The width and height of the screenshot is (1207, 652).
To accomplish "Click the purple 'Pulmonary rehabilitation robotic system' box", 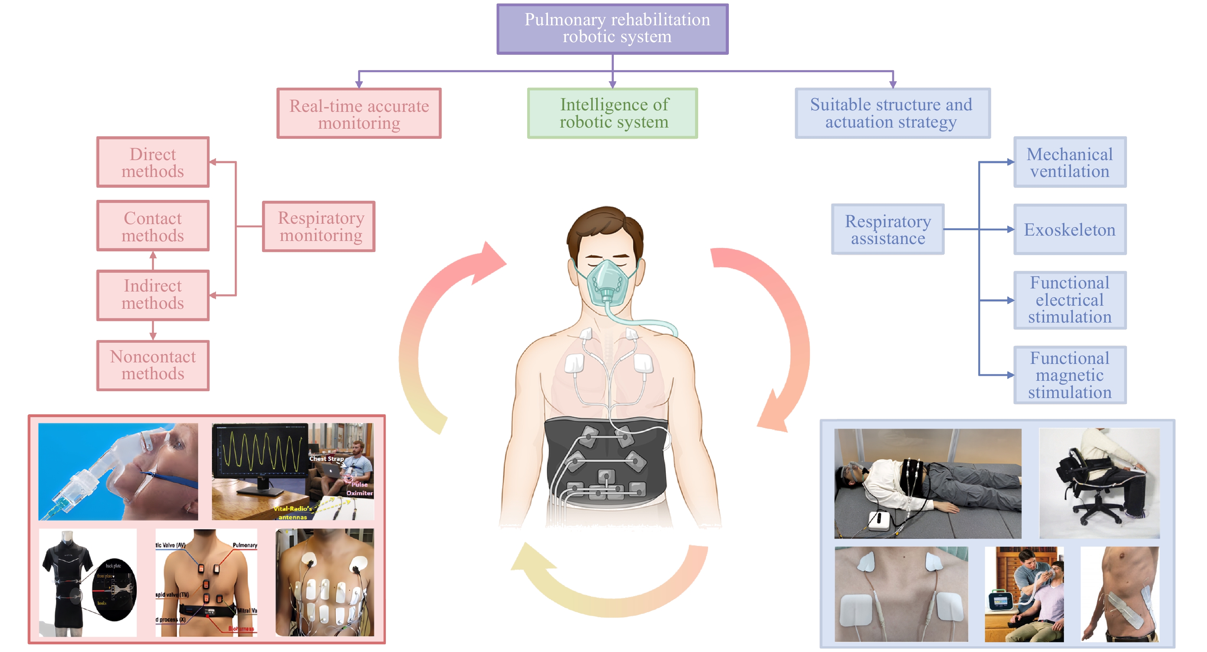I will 612,29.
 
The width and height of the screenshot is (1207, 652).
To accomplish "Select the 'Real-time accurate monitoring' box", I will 359,114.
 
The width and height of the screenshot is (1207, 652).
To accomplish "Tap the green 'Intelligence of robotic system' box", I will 612,113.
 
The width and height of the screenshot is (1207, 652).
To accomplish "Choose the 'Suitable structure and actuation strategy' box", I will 892,113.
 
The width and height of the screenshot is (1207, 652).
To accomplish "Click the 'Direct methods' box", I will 153,162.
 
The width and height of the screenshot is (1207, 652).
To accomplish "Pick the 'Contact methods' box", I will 153,226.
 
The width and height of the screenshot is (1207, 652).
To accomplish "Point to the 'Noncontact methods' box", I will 153,365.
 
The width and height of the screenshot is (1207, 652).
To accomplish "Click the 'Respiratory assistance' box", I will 887,229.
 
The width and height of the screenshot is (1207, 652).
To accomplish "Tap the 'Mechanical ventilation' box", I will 1070,162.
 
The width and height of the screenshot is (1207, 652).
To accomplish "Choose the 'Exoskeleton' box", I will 1070,229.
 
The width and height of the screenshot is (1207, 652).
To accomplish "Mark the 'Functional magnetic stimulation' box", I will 1070,375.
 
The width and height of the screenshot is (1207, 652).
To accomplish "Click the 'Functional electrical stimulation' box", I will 1070,300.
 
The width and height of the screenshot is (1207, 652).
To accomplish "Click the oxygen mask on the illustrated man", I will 607,281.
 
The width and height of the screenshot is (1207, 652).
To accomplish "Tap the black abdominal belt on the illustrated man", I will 607,464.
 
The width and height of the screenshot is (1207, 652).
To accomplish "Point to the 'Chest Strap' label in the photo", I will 326,459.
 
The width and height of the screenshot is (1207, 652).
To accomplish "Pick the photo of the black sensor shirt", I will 88,583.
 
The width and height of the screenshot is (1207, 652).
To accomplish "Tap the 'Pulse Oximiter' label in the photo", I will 359,488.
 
